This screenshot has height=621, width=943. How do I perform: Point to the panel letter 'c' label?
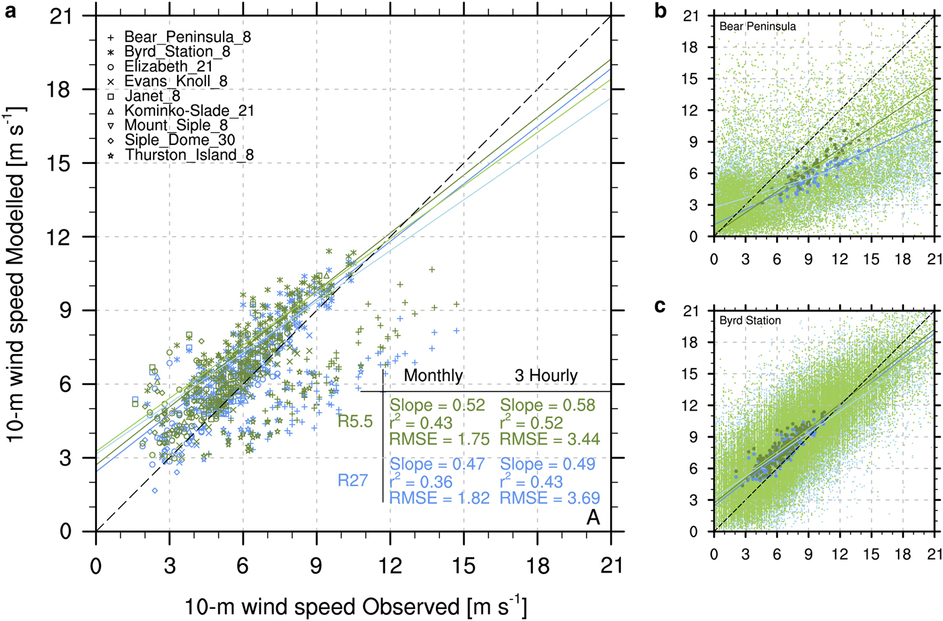point(660,306)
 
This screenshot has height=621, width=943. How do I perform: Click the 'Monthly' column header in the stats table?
point(433,376)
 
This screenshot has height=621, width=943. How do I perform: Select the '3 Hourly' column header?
point(546,376)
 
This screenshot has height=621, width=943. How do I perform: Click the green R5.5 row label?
point(355,422)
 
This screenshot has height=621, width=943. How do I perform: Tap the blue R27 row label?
point(353,481)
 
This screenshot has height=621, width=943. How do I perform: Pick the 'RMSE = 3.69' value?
point(550,498)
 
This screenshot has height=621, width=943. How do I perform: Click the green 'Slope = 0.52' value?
point(437,405)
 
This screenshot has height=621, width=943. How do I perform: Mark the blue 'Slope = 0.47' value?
point(437,465)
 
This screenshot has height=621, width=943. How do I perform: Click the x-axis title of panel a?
point(356,606)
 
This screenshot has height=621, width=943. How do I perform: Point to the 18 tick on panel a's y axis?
point(59,90)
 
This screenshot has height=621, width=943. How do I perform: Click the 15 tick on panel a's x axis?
point(463,565)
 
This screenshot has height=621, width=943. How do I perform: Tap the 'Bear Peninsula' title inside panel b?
point(758,26)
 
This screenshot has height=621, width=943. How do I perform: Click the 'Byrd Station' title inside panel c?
point(750,320)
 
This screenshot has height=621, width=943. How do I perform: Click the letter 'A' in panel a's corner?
point(593,517)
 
